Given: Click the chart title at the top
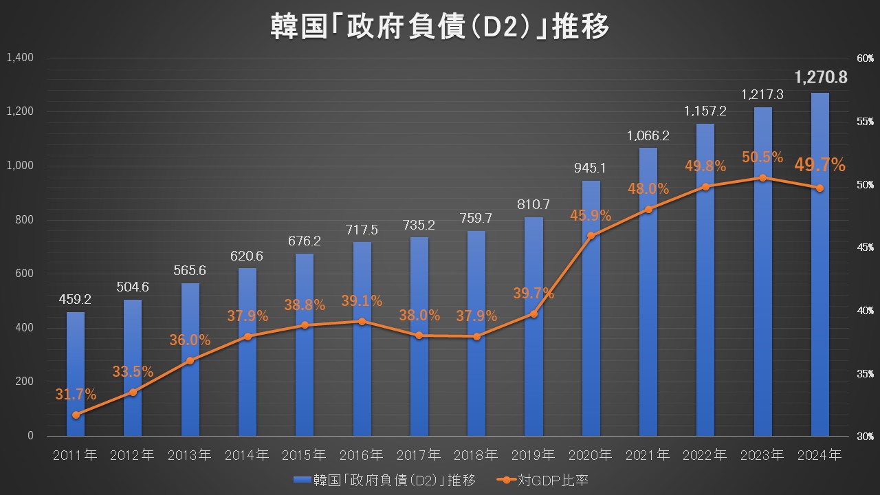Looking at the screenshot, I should [x=440, y=28].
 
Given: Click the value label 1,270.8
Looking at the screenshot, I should [x=821, y=77].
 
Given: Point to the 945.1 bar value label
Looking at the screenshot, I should [x=591, y=167].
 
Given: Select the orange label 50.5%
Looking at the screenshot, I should [x=762, y=157].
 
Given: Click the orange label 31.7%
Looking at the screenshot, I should [x=76, y=395].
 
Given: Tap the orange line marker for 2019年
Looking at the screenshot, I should [x=533, y=313].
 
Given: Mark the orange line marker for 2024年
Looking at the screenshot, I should [x=819, y=188].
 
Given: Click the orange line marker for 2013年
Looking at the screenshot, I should [x=190, y=360].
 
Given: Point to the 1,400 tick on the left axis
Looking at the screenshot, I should [x=20, y=58].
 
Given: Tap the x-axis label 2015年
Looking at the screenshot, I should [x=305, y=455].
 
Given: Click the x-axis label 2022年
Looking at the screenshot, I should [x=705, y=455].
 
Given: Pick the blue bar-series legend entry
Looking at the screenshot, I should [x=386, y=480].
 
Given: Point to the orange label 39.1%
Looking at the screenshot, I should [x=362, y=301].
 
